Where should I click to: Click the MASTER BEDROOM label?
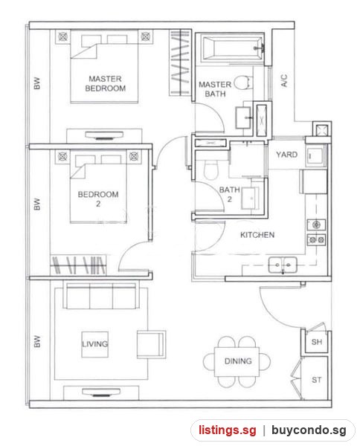tap(106, 83)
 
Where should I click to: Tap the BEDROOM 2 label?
tap(98, 198)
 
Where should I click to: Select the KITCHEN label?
tap(257, 235)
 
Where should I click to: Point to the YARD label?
tap(286, 155)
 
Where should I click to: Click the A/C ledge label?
tap(284, 80)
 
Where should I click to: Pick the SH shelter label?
tap(316, 342)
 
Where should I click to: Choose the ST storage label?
tap(316, 380)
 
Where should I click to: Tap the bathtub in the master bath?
tap(233, 48)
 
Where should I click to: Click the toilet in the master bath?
tap(244, 83)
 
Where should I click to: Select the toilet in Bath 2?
tap(211, 170)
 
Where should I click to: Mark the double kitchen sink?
tap(283, 265)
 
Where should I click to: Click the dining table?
tap(237, 361)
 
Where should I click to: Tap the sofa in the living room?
tap(101, 295)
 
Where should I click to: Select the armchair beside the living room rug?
tap(152, 344)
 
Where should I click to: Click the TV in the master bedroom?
tap(104, 135)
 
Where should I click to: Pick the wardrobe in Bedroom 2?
tap(78, 265)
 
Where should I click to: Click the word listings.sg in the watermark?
tap(228, 430)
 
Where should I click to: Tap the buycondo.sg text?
tap(309, 430)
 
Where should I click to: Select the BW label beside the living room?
tap(37, 341)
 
